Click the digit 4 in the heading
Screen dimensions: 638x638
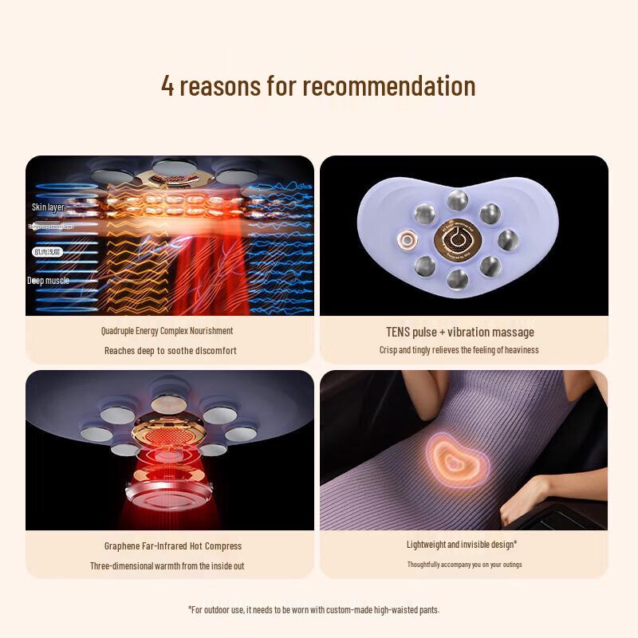[167, 85]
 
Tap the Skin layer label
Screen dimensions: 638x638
[48, 207]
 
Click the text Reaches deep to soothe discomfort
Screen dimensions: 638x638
[170, 350]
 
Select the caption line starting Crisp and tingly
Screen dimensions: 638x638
[459, 350]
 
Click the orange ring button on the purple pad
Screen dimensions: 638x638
[408, 239]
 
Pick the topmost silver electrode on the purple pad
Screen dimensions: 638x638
[457, 199]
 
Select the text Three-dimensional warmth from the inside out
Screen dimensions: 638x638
[167, 565]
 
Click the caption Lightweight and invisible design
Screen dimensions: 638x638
[461, 545]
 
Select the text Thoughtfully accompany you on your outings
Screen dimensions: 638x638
[464, 565]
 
